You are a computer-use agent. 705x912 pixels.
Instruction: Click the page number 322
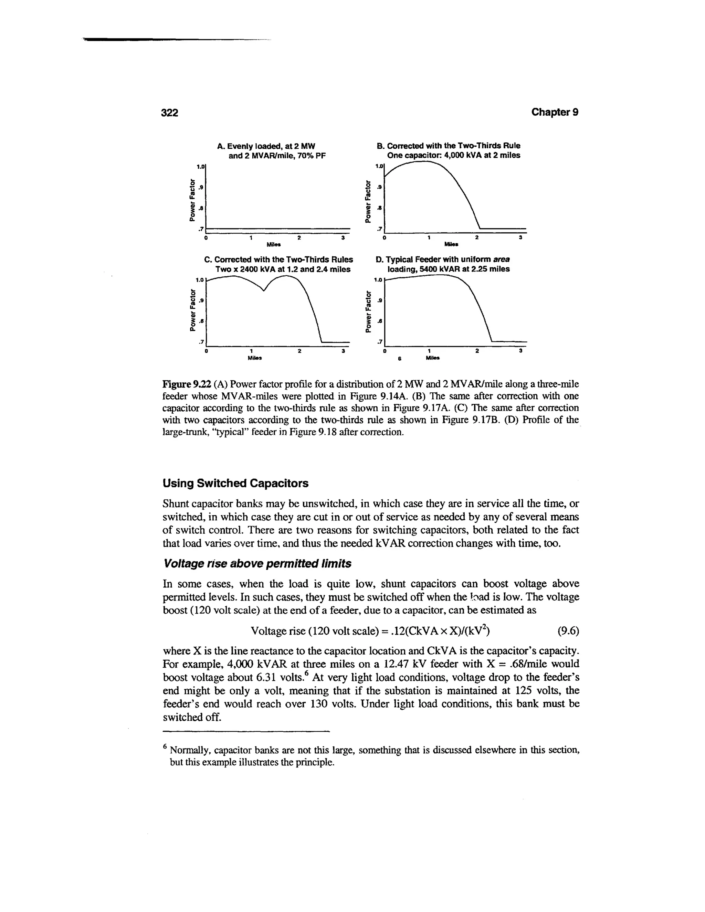pyautogui.click(x=170, y=113)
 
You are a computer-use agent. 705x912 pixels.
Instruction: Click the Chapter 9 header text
pyautogui.click(x=555, y=112)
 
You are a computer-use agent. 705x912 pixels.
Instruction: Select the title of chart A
pyautogui.click(x=271, y=151)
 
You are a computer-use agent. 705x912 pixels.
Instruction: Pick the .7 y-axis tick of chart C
pyautogui.click(x=201, y=342)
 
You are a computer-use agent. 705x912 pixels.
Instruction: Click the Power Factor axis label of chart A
pyautogui.click(x=192, y=199)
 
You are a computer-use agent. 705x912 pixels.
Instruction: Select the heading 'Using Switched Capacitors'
pyautogui.click(x=235, y=483)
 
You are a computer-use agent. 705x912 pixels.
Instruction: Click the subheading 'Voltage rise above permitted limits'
pyautogui.click(x=257, y=564)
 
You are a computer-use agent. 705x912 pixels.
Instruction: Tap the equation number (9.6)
pyautogui.click(x=568, y=630)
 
